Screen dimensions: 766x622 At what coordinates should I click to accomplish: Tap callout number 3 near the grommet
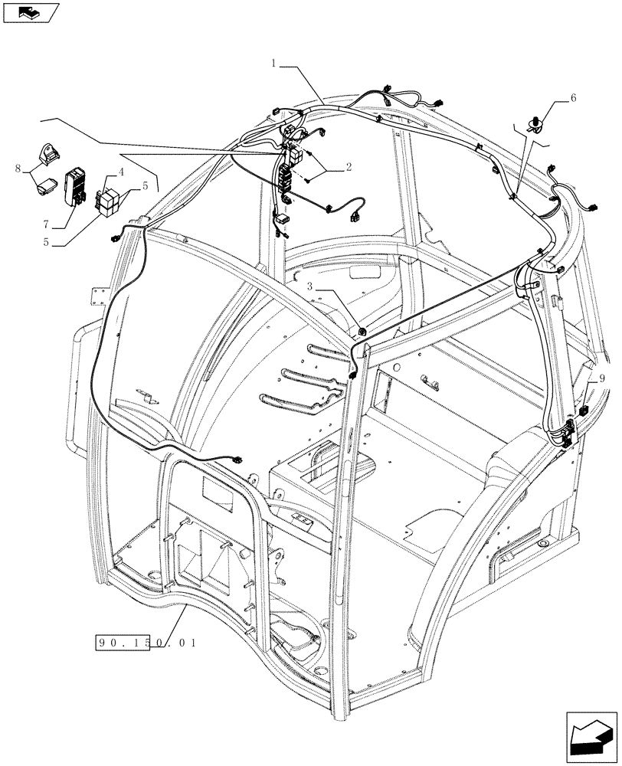pos(310,286)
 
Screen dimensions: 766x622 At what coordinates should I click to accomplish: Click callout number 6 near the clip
pos(572,99)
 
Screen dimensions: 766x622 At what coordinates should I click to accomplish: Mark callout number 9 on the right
pos(601,378)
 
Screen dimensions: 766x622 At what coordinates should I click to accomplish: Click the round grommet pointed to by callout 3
pos(362,331)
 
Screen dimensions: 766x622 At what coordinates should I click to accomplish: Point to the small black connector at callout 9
pos(584,411)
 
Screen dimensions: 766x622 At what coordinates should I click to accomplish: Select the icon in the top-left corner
pos(30,12)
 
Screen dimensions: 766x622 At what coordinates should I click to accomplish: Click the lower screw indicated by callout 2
pos(307,181)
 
